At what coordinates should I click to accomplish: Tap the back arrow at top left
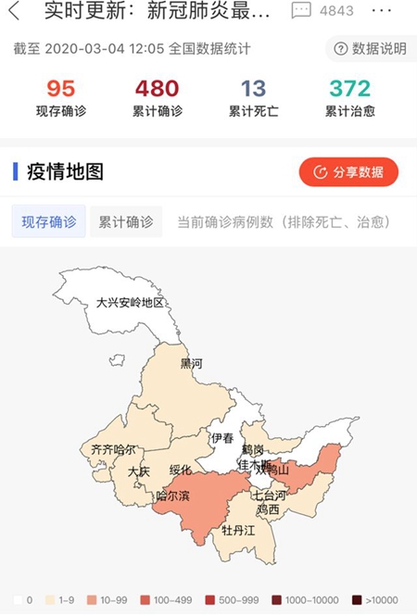pyautogui.click(x=13, y=12)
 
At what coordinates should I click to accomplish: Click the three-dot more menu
pyautogui.click(x=381, y=11)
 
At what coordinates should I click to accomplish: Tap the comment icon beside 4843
pyautogui.click(x=301, y=11)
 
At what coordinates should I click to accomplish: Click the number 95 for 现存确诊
pyautogui.click(x=61, y=89)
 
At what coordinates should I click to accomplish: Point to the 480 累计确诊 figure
pyautogui.click(x=157, y=89)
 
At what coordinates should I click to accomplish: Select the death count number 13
pyautogui.click(x=253, y=89)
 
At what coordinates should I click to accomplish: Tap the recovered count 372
pyautogui.click(x=349, y=89)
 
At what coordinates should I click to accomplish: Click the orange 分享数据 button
pyautogui.click(x=348, y=171)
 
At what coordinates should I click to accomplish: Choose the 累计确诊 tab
pyautogui.click(x=126, y=222)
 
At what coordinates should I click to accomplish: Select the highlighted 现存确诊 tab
pyautogui.click(x=48, y=222)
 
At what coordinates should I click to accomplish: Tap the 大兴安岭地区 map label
pyautogui.click(x=130, y=303)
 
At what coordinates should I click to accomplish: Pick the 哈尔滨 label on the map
pyautogui.click(x=172, y=496)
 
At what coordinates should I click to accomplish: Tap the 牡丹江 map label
pyautogui.click(x=238, y=531)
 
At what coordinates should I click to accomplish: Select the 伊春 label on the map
pyautogui.click(x=222, y=438)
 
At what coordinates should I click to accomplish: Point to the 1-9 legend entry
pyautogui.click(x=59, y=600)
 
